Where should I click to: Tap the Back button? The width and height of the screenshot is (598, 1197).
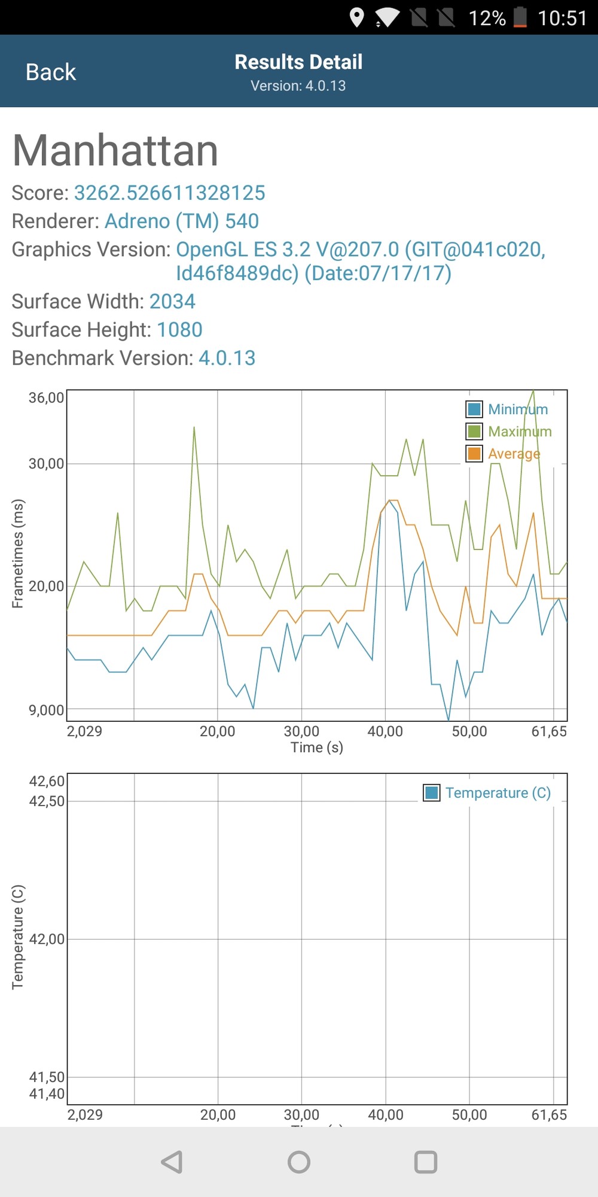coord(51,72)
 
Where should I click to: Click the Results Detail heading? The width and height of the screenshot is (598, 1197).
coord(298,62)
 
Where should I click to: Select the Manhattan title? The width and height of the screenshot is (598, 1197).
coord(115,150)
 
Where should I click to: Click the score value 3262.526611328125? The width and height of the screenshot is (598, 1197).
coord(169,193)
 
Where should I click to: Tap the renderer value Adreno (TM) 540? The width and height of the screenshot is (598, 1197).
coord(182,221)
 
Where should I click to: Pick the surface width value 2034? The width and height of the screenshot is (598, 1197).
coord(172,301)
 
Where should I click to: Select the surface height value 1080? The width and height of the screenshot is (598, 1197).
coord(179,329)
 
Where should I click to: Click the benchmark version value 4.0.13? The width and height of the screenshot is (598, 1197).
coord(227,358)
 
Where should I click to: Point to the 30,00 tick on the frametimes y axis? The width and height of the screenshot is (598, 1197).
coord(46,463)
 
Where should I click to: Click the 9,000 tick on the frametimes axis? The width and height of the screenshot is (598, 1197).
coord(46,710)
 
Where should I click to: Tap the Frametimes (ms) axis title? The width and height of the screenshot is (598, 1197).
coord(18,554)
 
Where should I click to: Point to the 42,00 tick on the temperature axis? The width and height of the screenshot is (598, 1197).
coord(47,939)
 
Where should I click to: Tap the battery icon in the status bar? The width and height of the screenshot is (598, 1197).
coord(520,17)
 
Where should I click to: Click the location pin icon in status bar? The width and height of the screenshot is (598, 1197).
coord(357,17)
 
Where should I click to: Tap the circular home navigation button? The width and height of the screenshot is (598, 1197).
coord(299,1162)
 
